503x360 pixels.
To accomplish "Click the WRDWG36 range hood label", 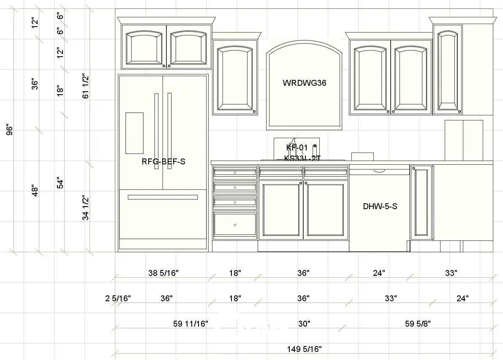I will (x=305, y=83).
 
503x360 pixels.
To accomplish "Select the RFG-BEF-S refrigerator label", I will (x=163, y=161).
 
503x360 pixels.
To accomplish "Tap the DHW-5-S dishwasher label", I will (x=380, y=206).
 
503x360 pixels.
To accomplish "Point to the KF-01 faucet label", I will (x=297, y=148).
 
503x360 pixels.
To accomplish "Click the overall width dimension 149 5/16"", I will (x=305, y=349).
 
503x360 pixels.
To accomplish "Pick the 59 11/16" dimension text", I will (x=190, y=324).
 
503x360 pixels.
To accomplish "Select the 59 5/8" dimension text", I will (x=418, y=324).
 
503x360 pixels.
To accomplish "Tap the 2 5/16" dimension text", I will (x=118, y=298).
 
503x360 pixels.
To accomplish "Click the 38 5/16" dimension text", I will (x=163, y=273).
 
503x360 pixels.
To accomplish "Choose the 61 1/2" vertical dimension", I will (x=86, y=86).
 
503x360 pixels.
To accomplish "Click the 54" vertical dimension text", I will (x=60, y=183).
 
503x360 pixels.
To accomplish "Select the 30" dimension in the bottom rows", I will (x=304, y=324).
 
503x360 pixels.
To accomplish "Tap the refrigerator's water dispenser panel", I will (x=134, y=133).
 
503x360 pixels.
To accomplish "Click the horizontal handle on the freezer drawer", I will (x=163, y=197).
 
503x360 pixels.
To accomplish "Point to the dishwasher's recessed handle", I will (x=379, y=171).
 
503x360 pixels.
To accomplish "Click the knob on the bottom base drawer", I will (x=235, y=225).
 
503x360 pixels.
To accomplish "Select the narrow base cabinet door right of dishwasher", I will (x=421, y=202).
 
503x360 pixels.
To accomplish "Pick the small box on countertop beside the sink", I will (x=362, y=156).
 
